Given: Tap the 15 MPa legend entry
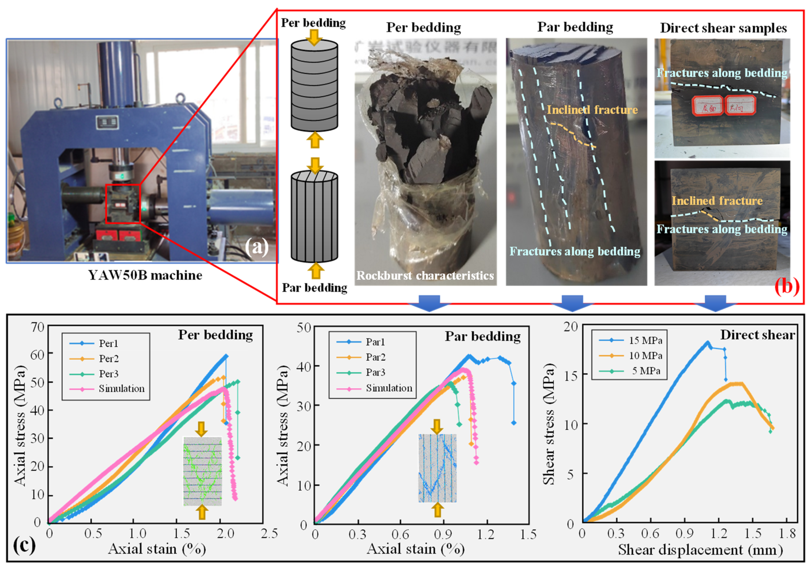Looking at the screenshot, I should point(645,341).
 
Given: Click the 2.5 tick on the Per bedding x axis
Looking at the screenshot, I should point(269,533).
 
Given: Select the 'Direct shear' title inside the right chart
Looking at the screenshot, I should point(757,335).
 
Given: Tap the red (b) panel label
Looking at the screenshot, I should point(787,287).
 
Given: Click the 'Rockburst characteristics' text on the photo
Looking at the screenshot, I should point(425,276).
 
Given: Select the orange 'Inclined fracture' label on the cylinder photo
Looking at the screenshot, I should point(592,110).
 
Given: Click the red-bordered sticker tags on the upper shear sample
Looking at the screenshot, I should point(723,105).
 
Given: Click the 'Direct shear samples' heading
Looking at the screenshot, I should point(723,28).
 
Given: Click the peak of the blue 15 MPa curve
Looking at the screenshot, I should point(707,342).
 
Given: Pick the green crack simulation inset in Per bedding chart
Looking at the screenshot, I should point(202,471).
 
